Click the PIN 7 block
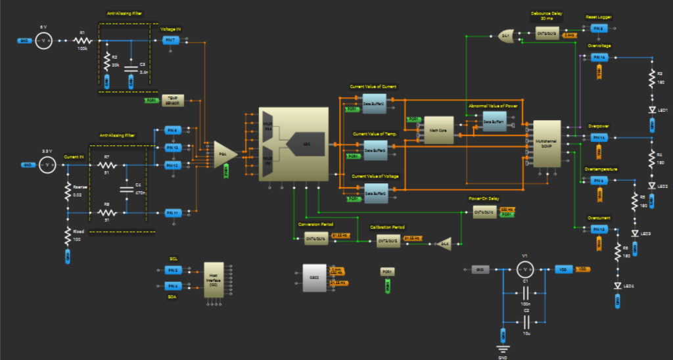(171, 41)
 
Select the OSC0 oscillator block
(313, 278)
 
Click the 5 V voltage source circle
(43, 41)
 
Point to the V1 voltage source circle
(524, 269)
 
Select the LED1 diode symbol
(651, 110)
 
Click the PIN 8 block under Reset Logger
(597, 28)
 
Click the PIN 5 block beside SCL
(172, 270)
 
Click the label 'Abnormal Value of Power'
(492, 106)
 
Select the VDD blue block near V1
(562, 269)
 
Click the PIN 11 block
(172, 213)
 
